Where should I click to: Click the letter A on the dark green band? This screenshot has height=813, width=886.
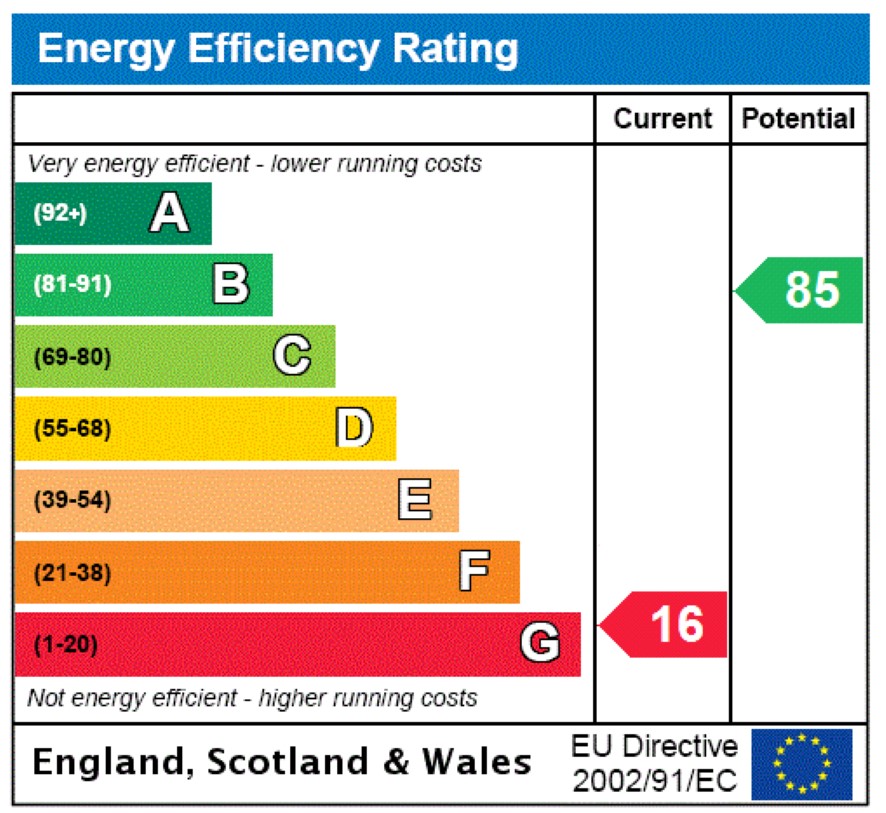click(169, 213)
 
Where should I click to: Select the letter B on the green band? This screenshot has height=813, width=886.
click(231, 284)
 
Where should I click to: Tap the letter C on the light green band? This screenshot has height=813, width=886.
click(292, 356)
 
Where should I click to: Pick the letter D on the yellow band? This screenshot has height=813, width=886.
click(354, 428)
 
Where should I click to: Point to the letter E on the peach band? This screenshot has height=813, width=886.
click(415, 500)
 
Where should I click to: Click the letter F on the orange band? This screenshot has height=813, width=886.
click(474, 573)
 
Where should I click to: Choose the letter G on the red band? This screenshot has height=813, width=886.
click(540, 644)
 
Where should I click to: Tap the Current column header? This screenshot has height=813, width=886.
click(663, 119)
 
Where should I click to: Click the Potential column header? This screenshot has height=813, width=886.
click(799, 119)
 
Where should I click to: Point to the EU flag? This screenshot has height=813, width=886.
click(801, 764)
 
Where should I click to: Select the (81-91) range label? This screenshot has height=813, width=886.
click(72, 285)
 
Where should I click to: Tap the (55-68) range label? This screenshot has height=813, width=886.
click(72, 429)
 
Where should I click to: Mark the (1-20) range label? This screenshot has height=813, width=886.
click(66, 645)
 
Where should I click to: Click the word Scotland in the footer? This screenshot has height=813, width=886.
click(286, 763)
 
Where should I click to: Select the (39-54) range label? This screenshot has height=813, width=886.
click(72, 501)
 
